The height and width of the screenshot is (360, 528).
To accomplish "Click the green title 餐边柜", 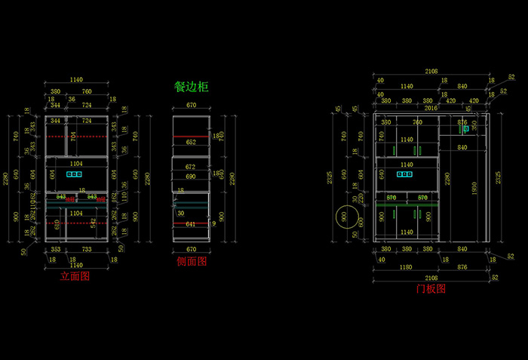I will (x=192, y=87).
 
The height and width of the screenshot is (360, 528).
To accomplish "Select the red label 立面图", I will (x=75, y=276).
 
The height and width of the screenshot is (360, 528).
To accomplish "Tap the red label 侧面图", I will (x=192, y=261).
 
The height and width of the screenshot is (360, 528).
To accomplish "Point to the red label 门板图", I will (x=431, y=288).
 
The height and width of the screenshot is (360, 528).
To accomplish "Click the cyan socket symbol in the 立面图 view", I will (x=74, y=174).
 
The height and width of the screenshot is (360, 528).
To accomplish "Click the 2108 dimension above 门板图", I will (x=431, y=72).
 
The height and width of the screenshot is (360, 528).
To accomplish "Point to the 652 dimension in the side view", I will (x=191, y=142).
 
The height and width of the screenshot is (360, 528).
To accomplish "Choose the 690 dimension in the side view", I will (x=191, y=176).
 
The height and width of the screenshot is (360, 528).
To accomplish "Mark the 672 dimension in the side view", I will (x=191, y=167).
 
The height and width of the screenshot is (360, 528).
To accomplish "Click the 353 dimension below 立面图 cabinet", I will (x=55, y=248).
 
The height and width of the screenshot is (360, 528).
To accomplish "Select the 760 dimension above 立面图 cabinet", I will (x=87, y=92).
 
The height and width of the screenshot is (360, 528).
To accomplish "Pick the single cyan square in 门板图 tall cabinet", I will (x=465, y=129).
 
